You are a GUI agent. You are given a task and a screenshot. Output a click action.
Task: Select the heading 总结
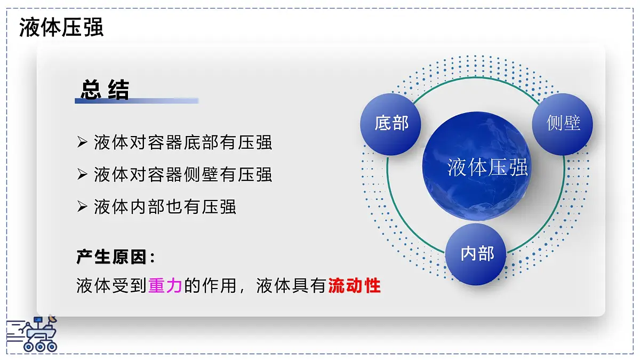105,90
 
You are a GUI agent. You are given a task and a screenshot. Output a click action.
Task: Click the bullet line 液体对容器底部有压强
183,143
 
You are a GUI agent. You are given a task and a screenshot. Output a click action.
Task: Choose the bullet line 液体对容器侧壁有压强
183,174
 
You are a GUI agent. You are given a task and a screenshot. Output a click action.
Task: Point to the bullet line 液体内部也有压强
165,207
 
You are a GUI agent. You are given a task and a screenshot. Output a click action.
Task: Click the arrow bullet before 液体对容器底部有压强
82,142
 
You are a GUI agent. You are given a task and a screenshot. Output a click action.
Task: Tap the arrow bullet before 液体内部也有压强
82,206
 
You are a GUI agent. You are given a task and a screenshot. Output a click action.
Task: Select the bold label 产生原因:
116,257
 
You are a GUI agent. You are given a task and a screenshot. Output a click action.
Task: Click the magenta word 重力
165,286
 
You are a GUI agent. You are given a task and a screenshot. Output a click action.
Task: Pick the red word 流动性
354,286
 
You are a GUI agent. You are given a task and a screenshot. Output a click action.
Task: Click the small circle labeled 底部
391,124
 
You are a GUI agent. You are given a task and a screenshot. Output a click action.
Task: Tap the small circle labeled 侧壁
563,124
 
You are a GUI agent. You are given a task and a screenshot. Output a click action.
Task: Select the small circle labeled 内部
476,254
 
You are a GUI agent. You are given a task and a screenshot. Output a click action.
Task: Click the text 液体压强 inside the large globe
487,167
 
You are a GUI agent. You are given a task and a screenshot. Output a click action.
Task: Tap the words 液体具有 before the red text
291,286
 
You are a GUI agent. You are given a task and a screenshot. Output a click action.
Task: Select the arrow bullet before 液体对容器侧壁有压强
82,174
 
